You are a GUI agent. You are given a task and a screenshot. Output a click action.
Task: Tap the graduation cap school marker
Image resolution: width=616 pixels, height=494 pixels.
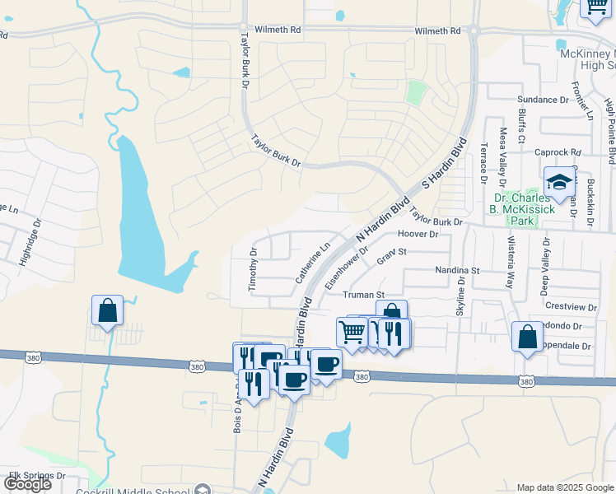pos(559,183)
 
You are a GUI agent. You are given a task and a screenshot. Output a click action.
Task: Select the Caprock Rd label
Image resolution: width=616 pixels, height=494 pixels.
pos(558,151)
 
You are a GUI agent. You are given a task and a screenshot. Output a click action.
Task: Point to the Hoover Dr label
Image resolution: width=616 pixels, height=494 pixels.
pos(418,234)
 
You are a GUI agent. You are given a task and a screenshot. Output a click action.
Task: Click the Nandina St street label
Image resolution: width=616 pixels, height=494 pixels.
pos(457,270)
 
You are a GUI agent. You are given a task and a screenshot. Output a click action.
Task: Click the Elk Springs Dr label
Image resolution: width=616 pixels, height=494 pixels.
pos(37,476)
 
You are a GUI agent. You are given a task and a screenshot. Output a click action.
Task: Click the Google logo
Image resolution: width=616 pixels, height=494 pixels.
pos(27,484)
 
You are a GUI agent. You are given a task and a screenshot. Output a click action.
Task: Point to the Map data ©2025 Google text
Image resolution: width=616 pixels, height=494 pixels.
pos(564,487)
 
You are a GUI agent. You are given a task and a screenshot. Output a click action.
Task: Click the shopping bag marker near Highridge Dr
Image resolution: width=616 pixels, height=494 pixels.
pos(107,310)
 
